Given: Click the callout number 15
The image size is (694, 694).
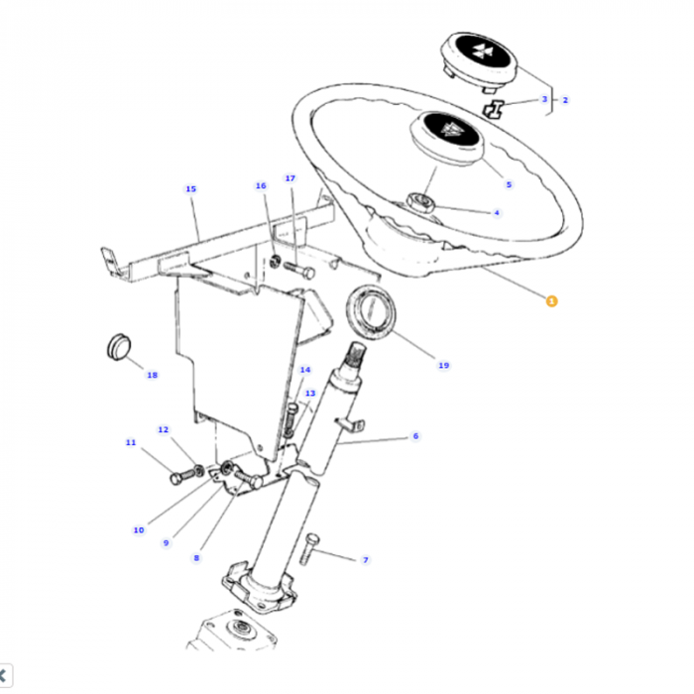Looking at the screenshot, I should tap(190, 188).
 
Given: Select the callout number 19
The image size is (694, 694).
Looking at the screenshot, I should tap(443, 365).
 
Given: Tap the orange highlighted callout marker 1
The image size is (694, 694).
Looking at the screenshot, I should tap(552, 299).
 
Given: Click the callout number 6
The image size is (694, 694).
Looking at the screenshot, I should tap(415, 436).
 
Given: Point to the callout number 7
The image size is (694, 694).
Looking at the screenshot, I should tap(365, 560).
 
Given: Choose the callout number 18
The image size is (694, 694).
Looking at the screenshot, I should tap(152, 375).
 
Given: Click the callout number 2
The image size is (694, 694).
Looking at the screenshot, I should tap(565, 100).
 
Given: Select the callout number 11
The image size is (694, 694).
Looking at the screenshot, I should tap(130, 442).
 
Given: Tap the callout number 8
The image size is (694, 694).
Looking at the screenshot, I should tap(196, 558).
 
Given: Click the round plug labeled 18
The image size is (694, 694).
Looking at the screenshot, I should tap(118, 350).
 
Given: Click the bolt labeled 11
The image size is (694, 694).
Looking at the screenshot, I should tap(179, 478).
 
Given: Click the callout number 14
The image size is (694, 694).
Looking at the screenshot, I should tap(305, 370).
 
